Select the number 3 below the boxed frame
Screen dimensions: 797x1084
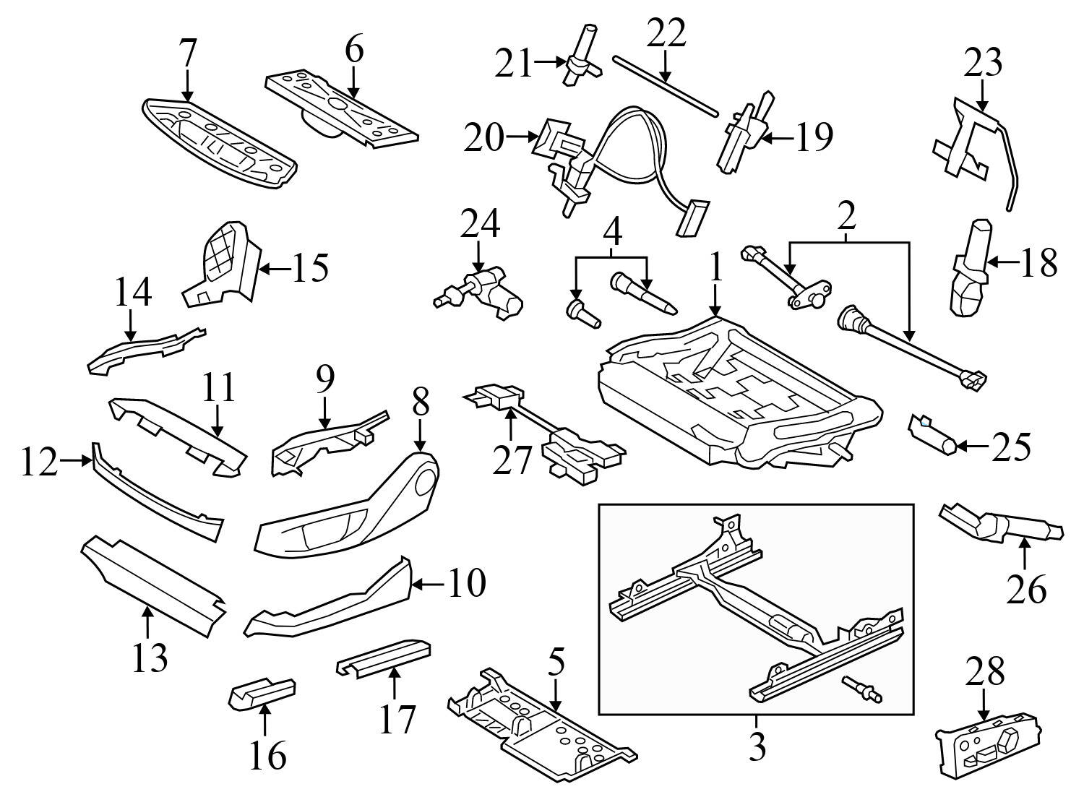coord(757,748)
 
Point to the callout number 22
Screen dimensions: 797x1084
coord(666,34)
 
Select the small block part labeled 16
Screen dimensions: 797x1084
coord(261,693)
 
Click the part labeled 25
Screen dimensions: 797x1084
coord(932,433)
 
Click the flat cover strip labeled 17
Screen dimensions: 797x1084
coord(385,655)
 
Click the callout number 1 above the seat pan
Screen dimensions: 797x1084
coord(715,269)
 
